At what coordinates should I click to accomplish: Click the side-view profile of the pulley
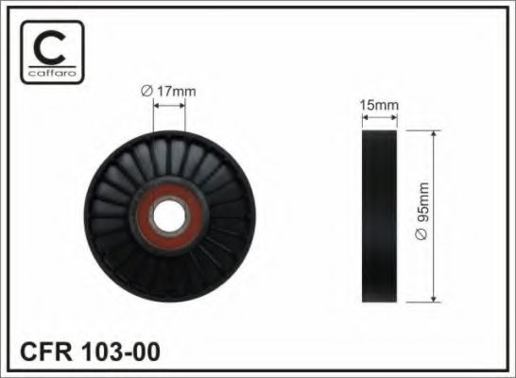380,217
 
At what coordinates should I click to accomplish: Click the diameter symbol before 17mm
146,90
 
